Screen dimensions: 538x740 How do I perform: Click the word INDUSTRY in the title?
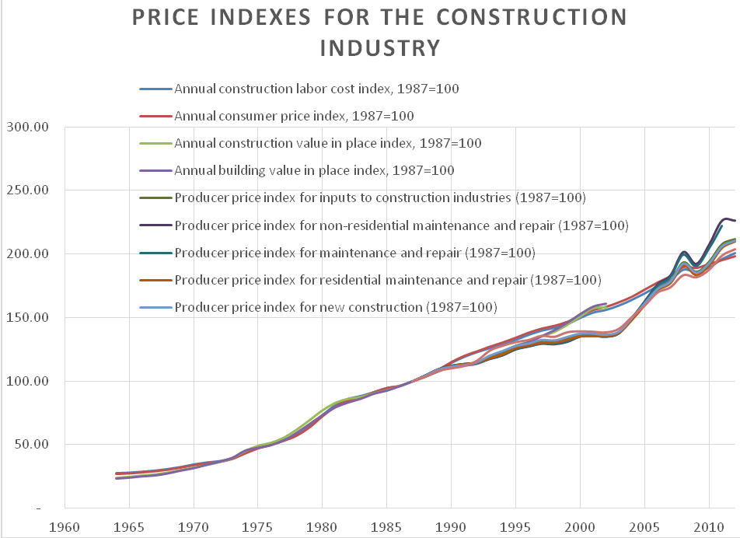(380, 48)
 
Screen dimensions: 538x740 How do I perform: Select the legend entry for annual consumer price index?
(294, 116)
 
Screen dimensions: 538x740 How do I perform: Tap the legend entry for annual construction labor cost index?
(316, 89)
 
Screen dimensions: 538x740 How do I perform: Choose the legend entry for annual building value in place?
(314, 170)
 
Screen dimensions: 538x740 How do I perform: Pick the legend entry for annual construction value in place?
(327, 143)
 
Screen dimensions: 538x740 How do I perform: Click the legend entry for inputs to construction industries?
(379, 197)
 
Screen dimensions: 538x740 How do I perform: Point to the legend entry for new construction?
(335, 307)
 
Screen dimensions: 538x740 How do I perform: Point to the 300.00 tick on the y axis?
(27, 126)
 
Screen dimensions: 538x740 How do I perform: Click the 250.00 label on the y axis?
(27, 190)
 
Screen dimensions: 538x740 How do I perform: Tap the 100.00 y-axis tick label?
(27, 381)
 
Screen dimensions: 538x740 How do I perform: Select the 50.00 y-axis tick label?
(30, 445)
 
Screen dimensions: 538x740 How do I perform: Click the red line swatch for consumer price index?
(155, 117)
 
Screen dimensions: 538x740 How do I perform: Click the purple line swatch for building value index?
(155, 171)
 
